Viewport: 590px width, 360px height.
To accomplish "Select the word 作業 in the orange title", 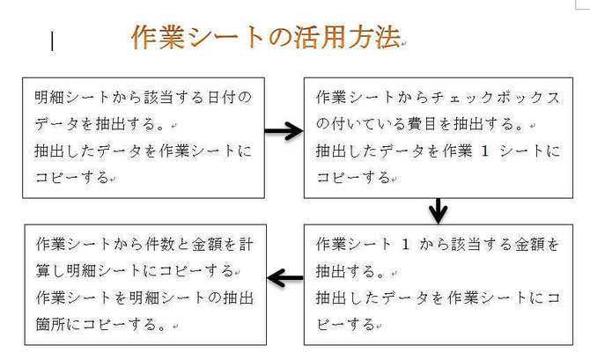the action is pos(158,37).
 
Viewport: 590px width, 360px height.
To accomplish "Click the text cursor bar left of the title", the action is pos(52,40).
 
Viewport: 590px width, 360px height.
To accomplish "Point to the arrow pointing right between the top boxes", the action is pos(284,131).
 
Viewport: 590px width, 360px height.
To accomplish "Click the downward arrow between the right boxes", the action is pos(438,210).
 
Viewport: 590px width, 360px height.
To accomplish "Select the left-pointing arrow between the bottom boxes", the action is pos(285,278).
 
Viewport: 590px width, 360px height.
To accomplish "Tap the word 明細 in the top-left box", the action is pos(49,98).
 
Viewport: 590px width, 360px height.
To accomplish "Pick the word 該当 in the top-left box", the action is pos(150,98).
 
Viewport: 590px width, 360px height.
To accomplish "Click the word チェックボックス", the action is pos(496,98).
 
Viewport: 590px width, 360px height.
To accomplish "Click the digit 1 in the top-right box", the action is pos(484,151).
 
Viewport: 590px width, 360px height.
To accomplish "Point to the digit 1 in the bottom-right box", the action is pos(405,245).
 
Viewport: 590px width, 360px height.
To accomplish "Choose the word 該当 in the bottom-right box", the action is pos(466,245).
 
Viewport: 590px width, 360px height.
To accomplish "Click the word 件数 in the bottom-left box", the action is pos(160,245).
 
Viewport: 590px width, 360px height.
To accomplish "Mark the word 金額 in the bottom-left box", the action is pos(207,245).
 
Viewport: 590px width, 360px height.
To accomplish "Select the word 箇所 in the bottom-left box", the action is pos(51,324).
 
